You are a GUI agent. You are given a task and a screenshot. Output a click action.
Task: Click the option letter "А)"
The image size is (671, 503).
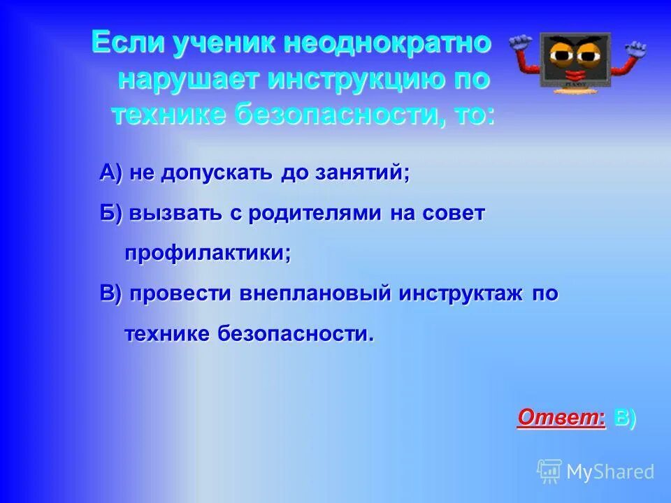click(x=111, y=173)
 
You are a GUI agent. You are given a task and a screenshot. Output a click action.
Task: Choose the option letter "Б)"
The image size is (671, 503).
click(x=110, y=213)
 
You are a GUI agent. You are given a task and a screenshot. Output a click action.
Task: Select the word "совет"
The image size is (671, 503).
click(x=452, y=213)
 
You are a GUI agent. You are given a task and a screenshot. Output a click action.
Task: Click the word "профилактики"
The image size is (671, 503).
click(x=208, y=253)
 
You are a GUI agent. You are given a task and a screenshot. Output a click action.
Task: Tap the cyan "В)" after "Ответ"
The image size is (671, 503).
click(x=624, y=417)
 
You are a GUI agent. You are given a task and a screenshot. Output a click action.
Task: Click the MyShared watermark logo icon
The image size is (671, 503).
click(x=549, y=471)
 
